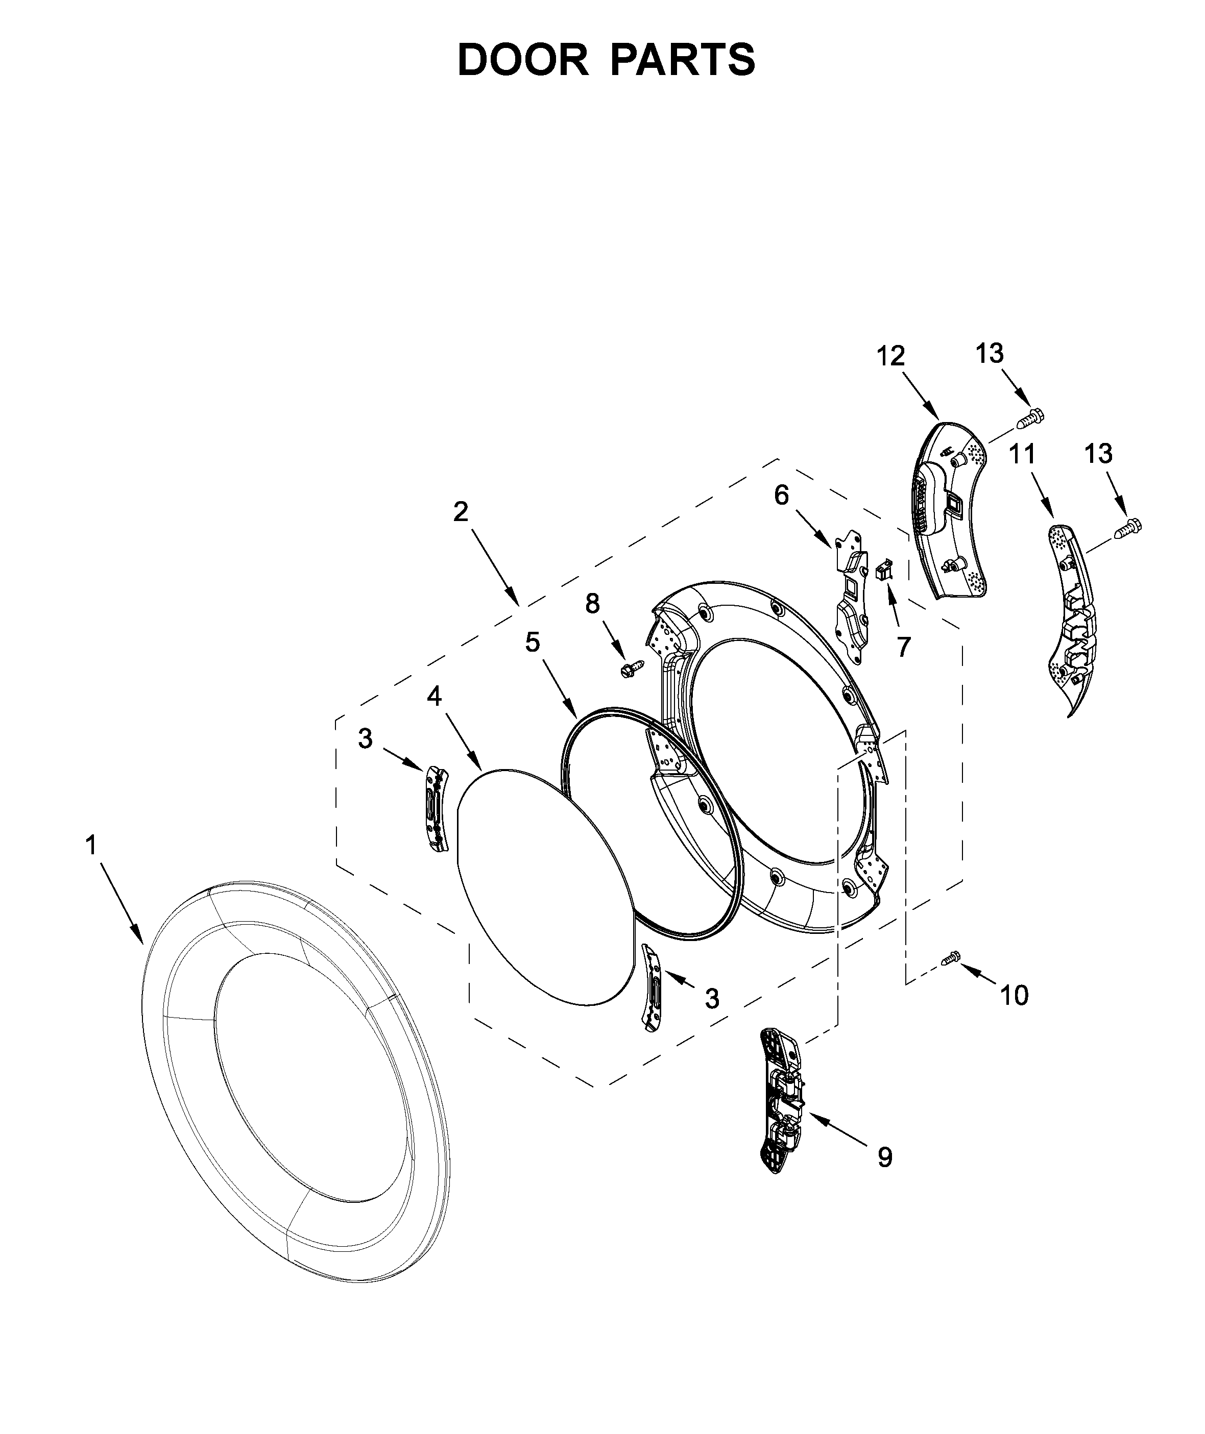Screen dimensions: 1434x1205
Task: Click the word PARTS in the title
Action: click(x=683, y=60)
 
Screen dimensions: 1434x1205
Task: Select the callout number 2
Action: click(x=461, y=511)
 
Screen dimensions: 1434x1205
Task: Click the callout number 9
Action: click(x=885, y=1157)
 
